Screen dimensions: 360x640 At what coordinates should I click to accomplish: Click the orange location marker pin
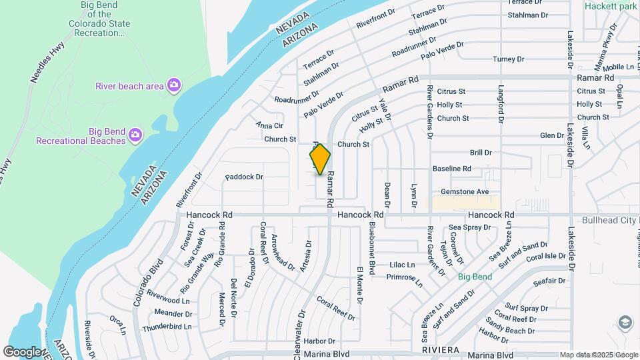coord(320,159)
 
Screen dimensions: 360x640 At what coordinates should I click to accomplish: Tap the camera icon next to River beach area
coord(173,85)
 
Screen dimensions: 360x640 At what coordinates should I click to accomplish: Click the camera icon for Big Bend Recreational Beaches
coord(135,135)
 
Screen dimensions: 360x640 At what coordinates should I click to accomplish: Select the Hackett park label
coord(610,5)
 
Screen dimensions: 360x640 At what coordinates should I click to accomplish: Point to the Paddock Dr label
coord(244,177)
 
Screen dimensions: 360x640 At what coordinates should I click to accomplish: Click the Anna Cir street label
coord(269,125)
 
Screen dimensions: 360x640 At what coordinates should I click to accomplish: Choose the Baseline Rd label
coord(452,169)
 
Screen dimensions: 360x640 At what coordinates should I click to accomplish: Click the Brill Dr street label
coord(480,153)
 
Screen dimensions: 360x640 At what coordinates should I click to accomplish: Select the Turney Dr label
coord(509,59)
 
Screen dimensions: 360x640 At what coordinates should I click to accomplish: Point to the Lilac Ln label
coord(402,265)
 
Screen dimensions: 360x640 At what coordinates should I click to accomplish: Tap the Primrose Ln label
coord(404,278)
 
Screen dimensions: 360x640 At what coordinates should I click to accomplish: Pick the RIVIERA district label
coord(441,349)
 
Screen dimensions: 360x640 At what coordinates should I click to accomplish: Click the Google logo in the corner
coord(23,351)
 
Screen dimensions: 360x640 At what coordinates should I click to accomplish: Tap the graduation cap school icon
coord(625,323)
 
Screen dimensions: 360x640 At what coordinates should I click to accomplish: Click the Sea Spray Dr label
coord(469,227)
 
